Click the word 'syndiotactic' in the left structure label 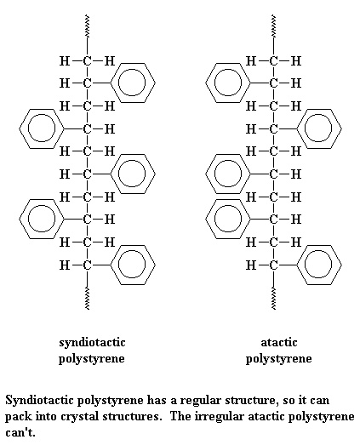[x=92, y=343]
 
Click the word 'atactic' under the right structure [x=279, y=342]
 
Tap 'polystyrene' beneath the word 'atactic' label [x=278, y=359]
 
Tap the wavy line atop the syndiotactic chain [x=87, y=26]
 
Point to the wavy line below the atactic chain [x=273, y=299]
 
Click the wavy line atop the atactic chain [x=273, y=26]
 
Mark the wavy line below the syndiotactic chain [x=87, y=299]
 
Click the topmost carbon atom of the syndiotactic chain [x=87, y=60]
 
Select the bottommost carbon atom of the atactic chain [x=273, y=265]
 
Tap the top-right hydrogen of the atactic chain [x=296, y=60]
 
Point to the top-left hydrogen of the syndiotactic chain [x=65, y=60]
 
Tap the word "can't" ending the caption [x=20, y=433]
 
